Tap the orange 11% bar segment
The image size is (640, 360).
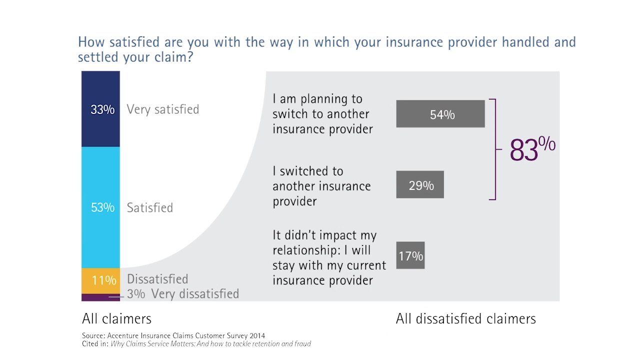[100, 280]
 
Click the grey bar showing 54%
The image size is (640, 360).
[440, 114]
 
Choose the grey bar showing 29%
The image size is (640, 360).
[419, 184]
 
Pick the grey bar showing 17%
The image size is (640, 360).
[410, 255]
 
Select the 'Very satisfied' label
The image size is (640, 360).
[162, 109]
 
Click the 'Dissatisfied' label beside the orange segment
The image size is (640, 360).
[157, 279]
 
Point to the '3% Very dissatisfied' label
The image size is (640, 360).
[183, 294]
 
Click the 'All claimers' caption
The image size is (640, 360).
[116, 318]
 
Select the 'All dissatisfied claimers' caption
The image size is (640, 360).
[465, 318]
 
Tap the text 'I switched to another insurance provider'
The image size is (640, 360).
[321, 186]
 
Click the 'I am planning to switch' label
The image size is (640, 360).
[322, 114]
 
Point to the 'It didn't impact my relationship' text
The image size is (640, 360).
[329, 257]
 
